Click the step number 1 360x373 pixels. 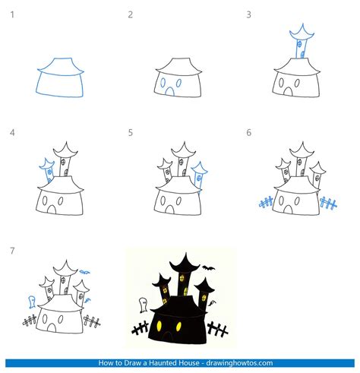point(12,14)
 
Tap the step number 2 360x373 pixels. point(131,14)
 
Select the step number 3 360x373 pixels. point(249,14)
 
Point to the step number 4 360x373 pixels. point(12,133)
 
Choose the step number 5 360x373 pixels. point(131,133)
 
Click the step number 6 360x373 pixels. point(249,133)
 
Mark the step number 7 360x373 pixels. point(12,250)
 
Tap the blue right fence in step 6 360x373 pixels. point(328,203)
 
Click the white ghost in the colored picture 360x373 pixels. point(143,305)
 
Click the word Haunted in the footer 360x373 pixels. point(184,363)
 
